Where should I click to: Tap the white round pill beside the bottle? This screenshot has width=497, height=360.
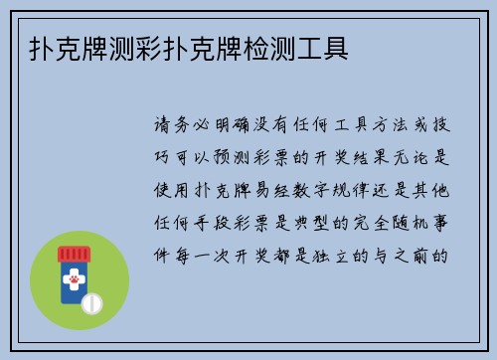[x=91, y=299]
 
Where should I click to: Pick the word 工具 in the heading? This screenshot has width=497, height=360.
[x=322, y=48]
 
